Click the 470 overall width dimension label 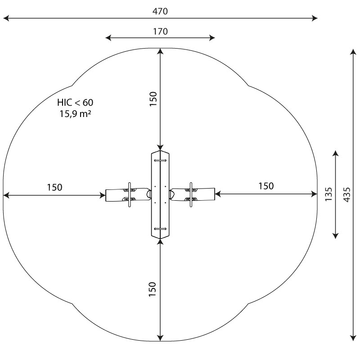coord(160,11)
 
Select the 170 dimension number coord(160,31)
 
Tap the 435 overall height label coord(347,195)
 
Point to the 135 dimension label coord(328,194)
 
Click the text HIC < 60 coord(75,103)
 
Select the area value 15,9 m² coord(75,114)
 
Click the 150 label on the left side coord(54,187)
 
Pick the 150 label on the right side coord(266,186)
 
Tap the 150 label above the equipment coord(153,99)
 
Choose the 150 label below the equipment coord(152,289)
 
